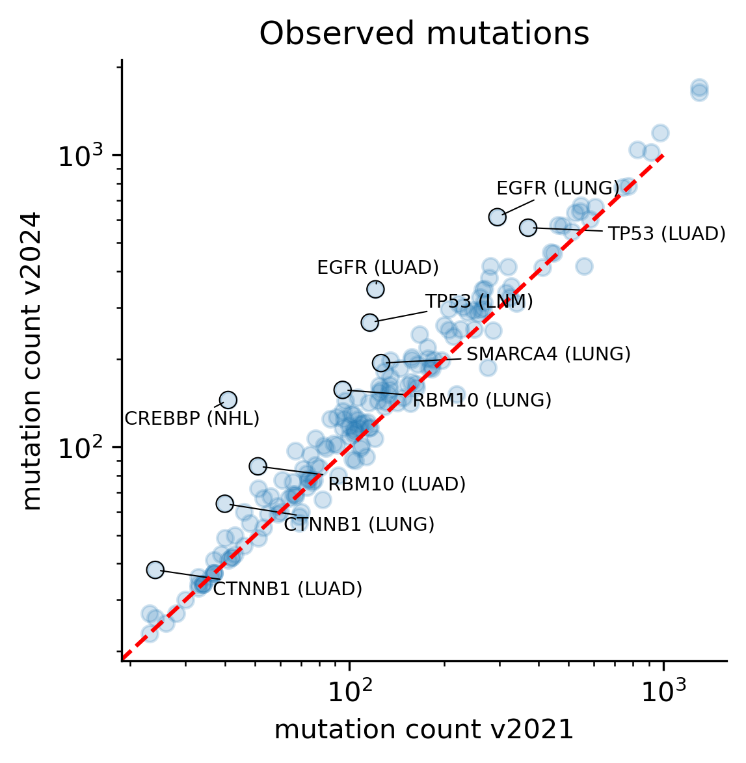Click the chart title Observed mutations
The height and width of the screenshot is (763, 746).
[x=424, y=34]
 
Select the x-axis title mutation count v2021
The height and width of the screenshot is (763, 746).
[x=424, y=730]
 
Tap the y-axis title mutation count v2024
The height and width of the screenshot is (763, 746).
[x=32, y=360]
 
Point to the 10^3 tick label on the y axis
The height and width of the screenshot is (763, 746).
[x=81, y=156]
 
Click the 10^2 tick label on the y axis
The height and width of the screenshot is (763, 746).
[x=81, y=448]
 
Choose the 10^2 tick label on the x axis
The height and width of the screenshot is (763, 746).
[x=350, y=692]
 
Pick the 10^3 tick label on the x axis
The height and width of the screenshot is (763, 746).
[x=663, y=692]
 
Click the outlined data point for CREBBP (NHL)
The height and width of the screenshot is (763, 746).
[x=228, y=400]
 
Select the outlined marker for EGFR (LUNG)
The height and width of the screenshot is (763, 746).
[x=497, y=217]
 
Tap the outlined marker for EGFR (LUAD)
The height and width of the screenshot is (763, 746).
[x=375, y=289]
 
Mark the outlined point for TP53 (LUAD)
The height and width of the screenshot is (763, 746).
[x=527, y=227]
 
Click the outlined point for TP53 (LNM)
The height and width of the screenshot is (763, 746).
[x=369, y=322]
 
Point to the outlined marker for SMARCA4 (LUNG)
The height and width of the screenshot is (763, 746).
[x=381, y=363]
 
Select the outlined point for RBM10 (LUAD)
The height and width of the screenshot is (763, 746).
[x=258, y=466]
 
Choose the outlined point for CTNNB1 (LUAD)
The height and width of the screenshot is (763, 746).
[x=155, y=570]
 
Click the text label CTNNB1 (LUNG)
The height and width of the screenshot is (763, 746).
[x=359, y=524]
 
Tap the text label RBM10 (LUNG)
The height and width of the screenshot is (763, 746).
[x=482, y=400]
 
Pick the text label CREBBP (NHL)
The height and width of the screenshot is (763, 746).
[x=192, y=418]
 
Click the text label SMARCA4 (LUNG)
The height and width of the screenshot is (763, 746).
[x=548, y=354]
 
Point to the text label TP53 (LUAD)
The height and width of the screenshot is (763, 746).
[x=667, y=234]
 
